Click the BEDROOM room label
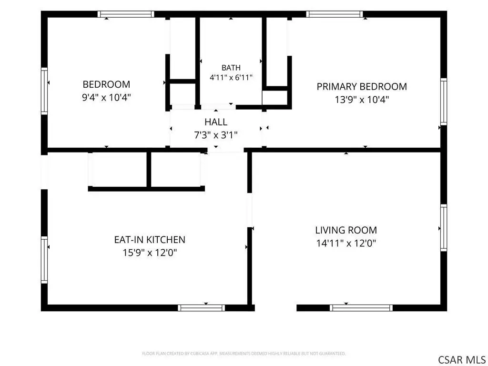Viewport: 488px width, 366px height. [x=106, y=84]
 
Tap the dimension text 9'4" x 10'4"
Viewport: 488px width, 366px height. [x=106, y=98]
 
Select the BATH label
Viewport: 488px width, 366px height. [x=231, y=68]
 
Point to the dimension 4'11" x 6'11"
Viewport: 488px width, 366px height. [x=231, y=78]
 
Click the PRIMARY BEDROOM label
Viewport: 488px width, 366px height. [x=362, y=87]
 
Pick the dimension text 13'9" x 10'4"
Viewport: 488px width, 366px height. [x=362, y=100]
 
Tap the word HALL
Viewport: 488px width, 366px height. [x=216, y=122]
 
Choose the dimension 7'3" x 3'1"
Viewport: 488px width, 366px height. [x=216, y=135]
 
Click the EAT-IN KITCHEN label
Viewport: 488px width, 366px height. [x=150, y=240]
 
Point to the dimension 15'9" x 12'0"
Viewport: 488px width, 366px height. [x=150, y=253]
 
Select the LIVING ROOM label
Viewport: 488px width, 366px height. [x=346, y=230]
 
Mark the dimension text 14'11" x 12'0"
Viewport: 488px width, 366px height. [x=346, y=243]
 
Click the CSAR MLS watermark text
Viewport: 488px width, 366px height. [x=461, y=359]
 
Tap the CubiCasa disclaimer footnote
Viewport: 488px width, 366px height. [x=244, y=354]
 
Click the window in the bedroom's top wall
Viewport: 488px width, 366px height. [x=126, y=14]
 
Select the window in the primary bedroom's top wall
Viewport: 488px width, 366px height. [x=334, y=14]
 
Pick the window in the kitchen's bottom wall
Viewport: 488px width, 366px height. [x=202, y=308]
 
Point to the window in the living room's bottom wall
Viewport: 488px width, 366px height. [x=361, y=308]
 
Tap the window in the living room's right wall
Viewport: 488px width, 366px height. [x=444, y=227]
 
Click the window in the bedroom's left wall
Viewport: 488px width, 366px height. [x=44, y=91]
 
